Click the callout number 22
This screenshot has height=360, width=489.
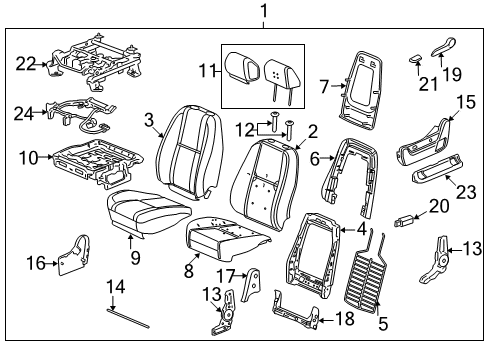click(x=26, y=63)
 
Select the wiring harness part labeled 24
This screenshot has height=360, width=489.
click(x=81, y=114)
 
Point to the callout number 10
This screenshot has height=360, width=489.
click(x=28, y=157)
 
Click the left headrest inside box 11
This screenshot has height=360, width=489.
click(x=242, y=67)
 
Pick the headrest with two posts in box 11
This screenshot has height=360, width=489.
click(x=280, y=78)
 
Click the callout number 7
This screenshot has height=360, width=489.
click(x=324, y=87)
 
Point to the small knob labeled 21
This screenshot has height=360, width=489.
click(x=415, y=59)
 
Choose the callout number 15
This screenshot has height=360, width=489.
click(x=465, y=102)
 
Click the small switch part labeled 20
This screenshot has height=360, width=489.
click(x=404, y=221)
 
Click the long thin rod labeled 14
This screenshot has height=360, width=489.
click(x=128, y=318)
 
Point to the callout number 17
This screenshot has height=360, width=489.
click(x=226, y=276)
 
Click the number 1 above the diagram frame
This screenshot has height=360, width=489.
click(x=264, y=11)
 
